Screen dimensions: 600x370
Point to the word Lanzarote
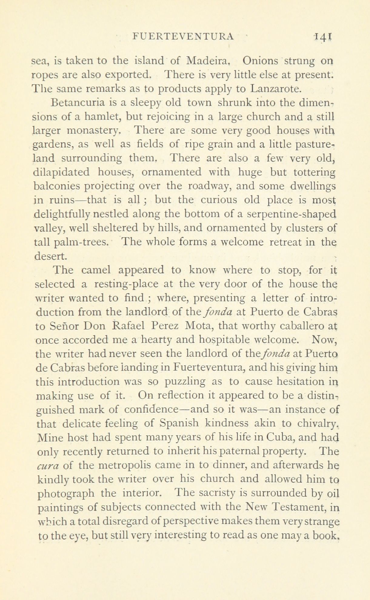[276, 89]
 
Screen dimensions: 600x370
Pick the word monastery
[97, 131]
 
